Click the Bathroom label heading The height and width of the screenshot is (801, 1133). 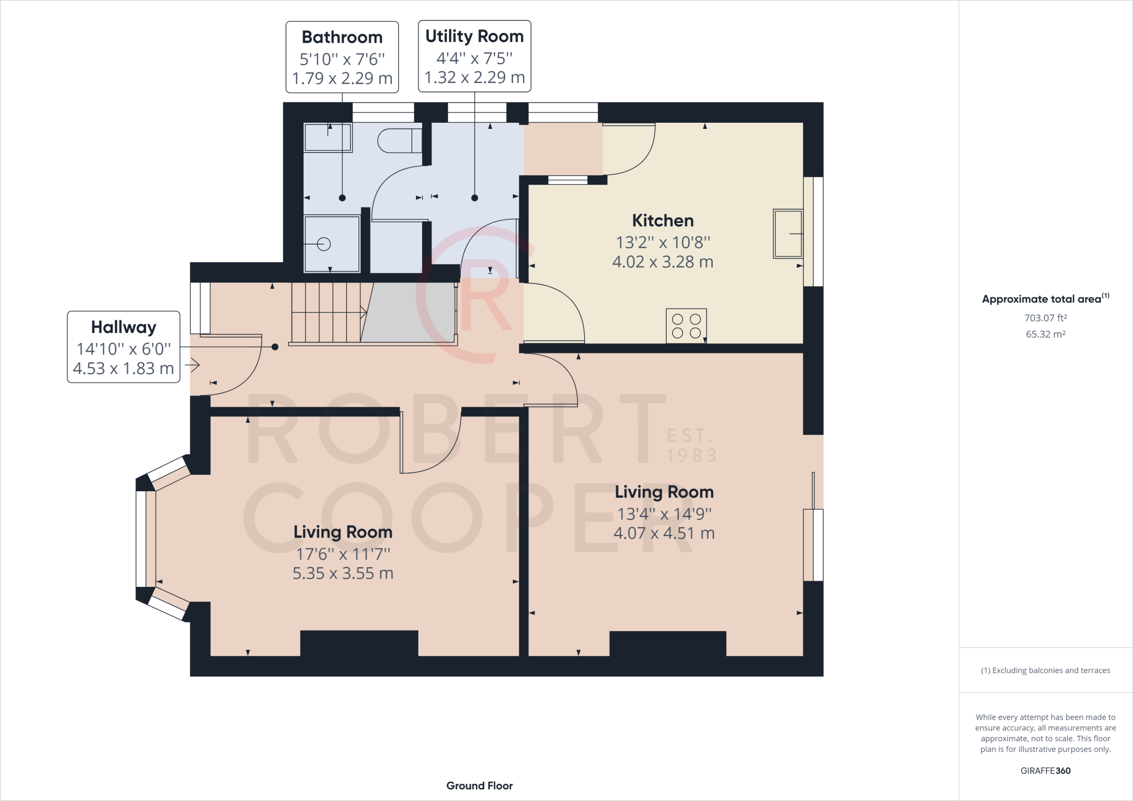click(x=342, y=37)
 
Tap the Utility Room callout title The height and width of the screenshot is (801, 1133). click(x=474, y=36)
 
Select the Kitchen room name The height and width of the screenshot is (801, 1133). click(x=663, y=221)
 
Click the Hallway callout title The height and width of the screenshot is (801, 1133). click(x=123, y=327)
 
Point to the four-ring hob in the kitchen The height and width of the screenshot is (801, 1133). click(x=687, y=326)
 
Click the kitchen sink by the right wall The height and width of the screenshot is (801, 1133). click(x=788, y=233)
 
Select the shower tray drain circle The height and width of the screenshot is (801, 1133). click(x=324, y=243)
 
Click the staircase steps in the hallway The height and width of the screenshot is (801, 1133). click(x=329, y=313)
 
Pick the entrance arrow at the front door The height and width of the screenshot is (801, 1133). click(x=193, y=365)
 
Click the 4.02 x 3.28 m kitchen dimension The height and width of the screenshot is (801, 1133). click(x=663, y=262)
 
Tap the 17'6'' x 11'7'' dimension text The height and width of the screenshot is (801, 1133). click(x=343, y=554)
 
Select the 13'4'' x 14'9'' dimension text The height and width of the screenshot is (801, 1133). click(x=664, y=514)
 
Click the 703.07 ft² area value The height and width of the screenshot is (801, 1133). click(x=1046, y=318)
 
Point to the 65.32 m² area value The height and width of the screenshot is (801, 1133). click(x=1046, y=334)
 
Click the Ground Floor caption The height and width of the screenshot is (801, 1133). click(x=480, y=786)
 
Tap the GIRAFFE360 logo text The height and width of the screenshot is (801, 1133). click(x=1046, y=771)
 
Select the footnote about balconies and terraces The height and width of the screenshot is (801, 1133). click(x=1046, y=670)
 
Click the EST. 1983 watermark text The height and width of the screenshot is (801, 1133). click(x=692, y=445)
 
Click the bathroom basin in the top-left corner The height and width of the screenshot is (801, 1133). click(x=328, y=137)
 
